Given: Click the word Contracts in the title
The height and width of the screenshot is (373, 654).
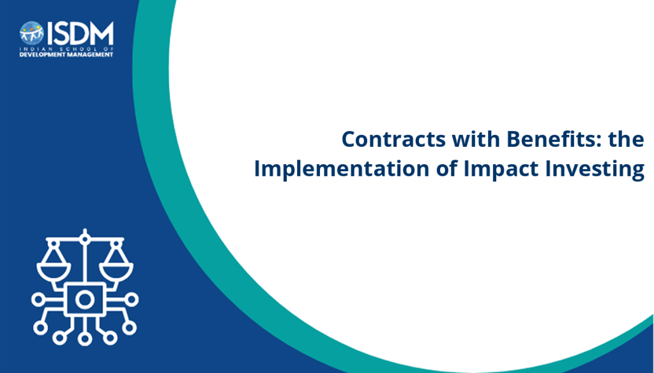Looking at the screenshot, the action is tap(393, 139).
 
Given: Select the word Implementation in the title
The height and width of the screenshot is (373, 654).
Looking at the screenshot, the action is tap(342, 169).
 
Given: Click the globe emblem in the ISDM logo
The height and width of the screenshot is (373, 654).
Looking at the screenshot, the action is tap(32, 33).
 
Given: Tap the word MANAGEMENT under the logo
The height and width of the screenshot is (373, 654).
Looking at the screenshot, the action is tap(88, 55).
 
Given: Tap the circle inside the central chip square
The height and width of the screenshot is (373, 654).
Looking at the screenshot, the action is tap(85, 299).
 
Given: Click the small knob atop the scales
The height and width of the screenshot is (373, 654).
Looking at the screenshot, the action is tap(85, 239).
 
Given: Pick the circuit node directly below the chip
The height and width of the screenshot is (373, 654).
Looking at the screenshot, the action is tap(85, 339).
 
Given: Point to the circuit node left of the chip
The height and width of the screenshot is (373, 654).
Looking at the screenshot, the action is tap(38, 299).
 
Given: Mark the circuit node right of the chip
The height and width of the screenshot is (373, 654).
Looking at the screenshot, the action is tap(132, 299).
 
